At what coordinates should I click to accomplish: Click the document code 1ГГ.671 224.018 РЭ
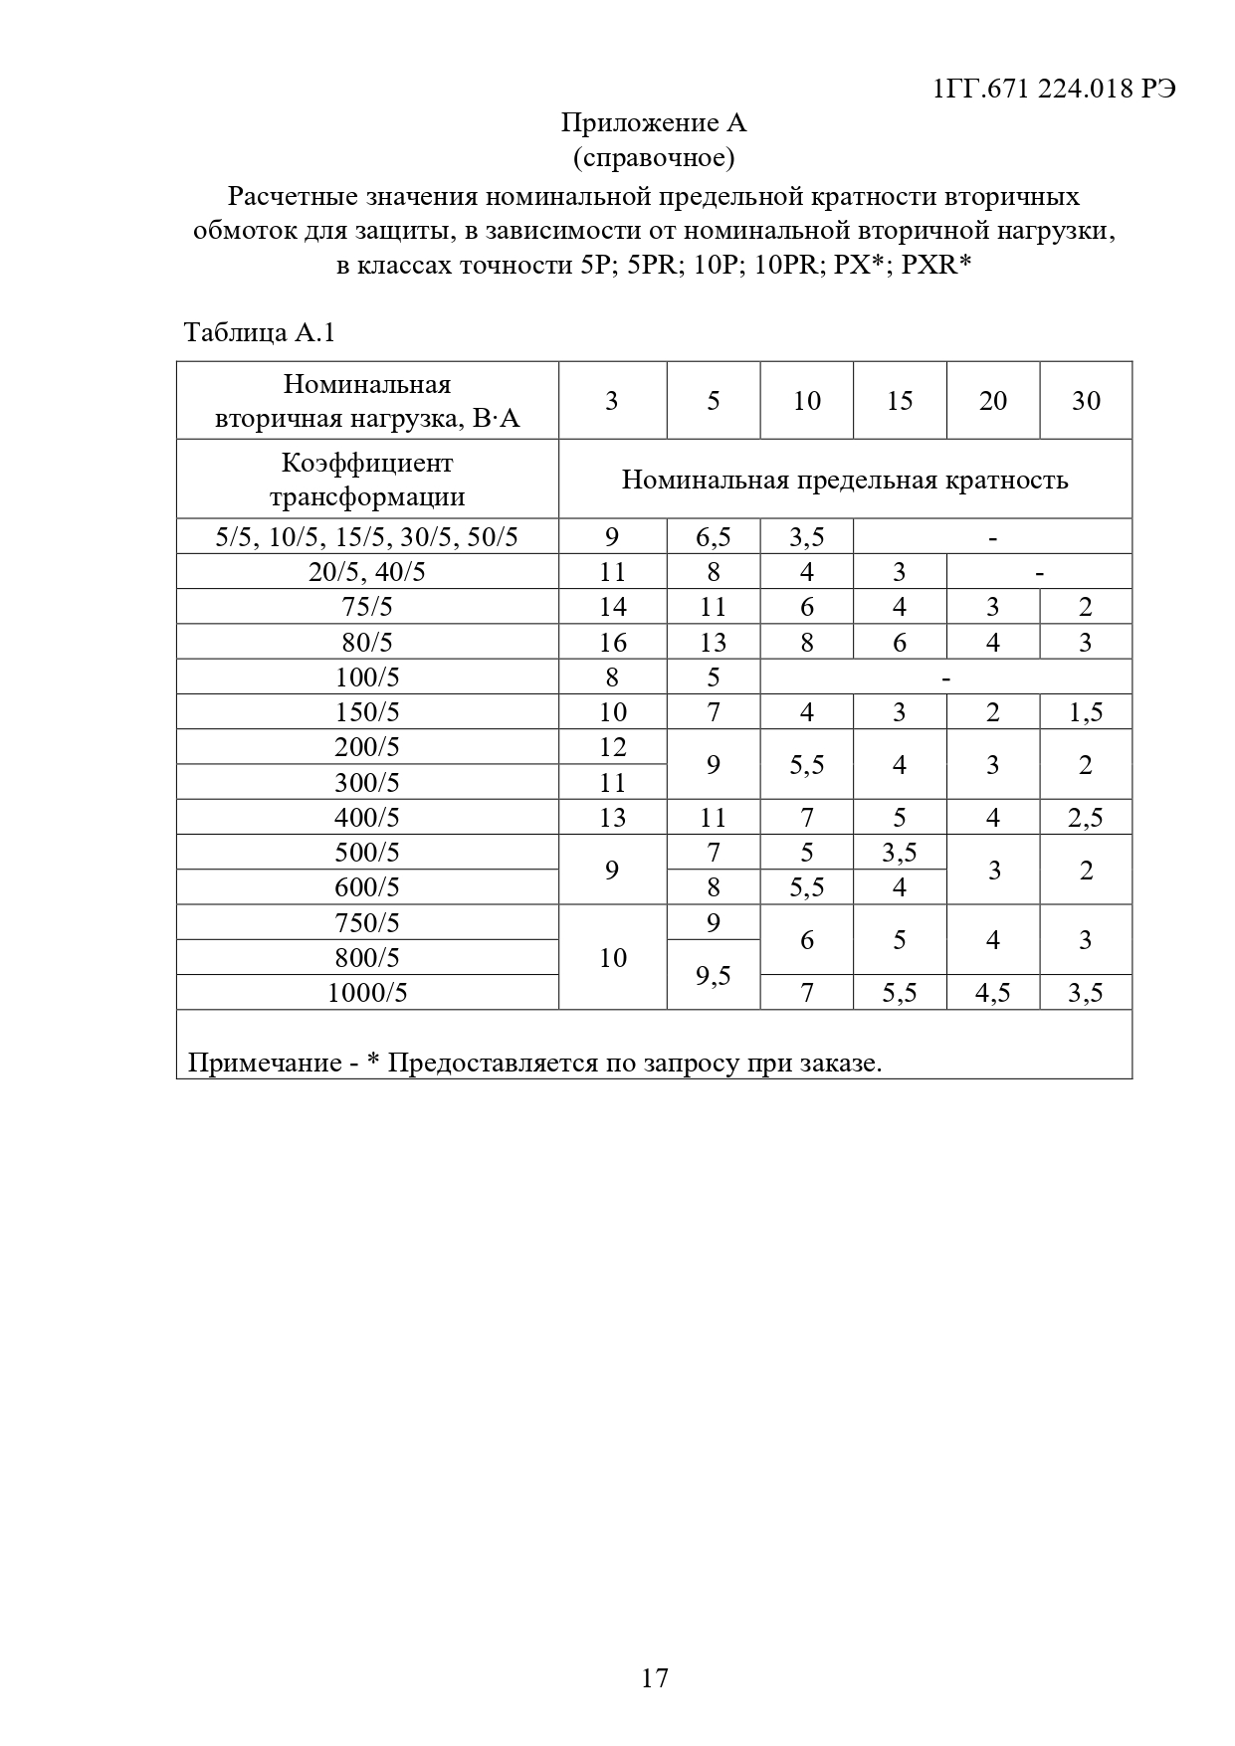pyautogui.click(x=1054, y=89)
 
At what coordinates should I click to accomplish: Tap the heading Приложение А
pyautogui.click(x=653, y=123)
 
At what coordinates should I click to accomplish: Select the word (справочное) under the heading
pyautogui.click(x=653, y=157)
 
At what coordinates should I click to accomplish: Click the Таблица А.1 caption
pyautogui.click(x=260, y=332)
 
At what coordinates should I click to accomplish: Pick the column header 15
pyautogui.click(x=899, y=401)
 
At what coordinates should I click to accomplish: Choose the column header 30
pyautogui.click(x=1086, y=401)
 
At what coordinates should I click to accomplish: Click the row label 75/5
pyautogui.click(x=367, y=607)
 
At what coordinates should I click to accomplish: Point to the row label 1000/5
pyautogui.click(x=367, y=993)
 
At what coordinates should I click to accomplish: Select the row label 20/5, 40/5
pyautogui.click(x=367, y=572)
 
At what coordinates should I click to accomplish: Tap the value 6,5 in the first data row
pyautogui.click(x=713, y=537)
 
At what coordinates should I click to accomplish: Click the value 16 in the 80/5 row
pyautogui.click(x=612, y=643)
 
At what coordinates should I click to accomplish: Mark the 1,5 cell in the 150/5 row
pyautogui.click(x=1086, y=712)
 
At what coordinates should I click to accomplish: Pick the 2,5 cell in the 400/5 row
pyautogui.click(x=1086, y=818)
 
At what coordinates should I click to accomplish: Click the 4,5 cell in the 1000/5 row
pyautogui.click(x=992, y=993)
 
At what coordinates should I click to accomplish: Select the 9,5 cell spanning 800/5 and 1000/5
pyautogui.click(x=713, y=976)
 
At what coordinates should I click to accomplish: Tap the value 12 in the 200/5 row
pyautogui.click(x=612, y=747)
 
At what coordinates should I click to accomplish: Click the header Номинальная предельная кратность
pyautogui.click(x=845, y=481)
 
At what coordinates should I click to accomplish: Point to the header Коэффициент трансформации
pyautogui.click(x=367, y=480)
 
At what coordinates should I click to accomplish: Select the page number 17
pyautogui.click(x=654, y=1679)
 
